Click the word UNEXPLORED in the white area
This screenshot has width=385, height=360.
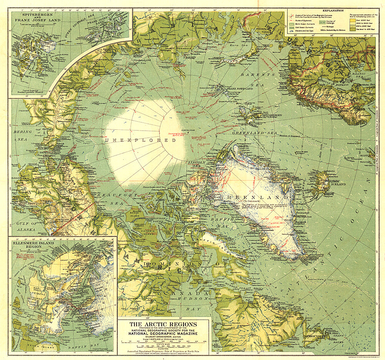point(140,140)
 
